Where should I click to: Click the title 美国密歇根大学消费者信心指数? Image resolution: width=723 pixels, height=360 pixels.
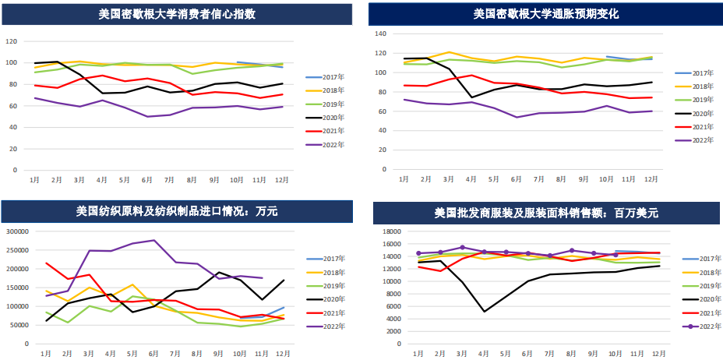tap(178, 14)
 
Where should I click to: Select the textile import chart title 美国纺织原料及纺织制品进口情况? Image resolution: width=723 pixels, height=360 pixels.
tap(177, 210)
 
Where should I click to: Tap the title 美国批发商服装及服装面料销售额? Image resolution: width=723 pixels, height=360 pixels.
tap(546, 212)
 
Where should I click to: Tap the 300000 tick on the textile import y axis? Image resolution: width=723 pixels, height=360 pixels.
tap(17, 231)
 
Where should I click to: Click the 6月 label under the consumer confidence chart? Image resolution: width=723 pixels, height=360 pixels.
tap(146, 180)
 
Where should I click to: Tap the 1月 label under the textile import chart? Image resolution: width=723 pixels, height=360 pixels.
tap(47, 354)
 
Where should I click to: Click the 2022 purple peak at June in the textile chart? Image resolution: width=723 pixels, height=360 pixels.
tap(154, 240)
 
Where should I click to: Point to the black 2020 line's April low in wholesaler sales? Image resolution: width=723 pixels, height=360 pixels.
tap(485, 311)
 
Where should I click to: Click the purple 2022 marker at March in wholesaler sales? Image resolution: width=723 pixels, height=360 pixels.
tap(463, 247)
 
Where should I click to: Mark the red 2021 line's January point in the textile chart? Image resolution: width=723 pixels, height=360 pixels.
tap(47, 263)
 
